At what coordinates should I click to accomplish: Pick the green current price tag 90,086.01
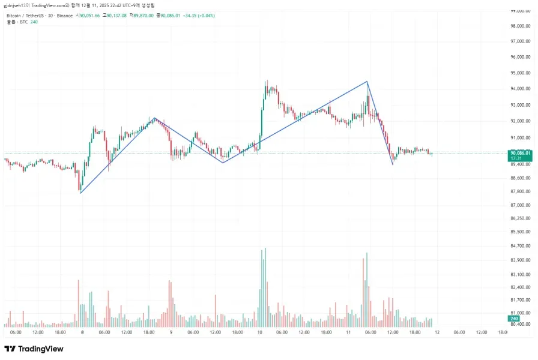[520, 152]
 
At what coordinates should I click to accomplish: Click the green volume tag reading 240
[514, 319]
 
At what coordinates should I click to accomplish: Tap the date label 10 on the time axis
[259, 332]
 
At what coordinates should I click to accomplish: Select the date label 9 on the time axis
[171, 332]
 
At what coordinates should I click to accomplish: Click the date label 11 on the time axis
[348, 332]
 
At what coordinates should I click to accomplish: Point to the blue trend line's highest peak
[367, 82]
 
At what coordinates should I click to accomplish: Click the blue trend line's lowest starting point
[80, 193]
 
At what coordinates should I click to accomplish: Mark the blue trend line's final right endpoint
[393, 164]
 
